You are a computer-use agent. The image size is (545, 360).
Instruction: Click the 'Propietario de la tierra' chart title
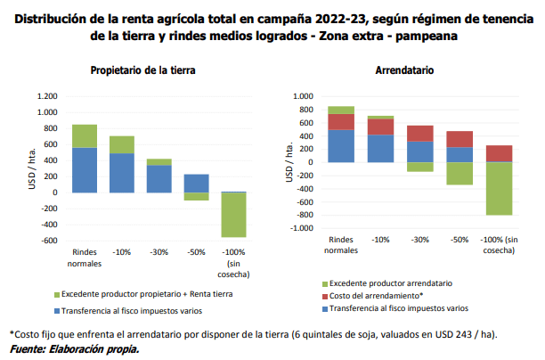tap(143, 69)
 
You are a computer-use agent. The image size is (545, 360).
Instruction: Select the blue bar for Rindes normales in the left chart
tap(85, 169)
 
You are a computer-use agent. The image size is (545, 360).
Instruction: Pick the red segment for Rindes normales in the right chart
tap(341, 121)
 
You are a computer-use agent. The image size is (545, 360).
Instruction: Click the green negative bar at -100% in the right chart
tap(498, 188)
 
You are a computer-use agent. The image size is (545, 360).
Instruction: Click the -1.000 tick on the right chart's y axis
tap(301, 228)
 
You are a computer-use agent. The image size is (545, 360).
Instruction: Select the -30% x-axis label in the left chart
tap(159, 251)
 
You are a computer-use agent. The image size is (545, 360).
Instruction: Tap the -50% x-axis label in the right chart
tap(460, 240)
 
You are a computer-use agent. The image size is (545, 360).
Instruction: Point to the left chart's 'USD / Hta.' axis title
tap(32, 169)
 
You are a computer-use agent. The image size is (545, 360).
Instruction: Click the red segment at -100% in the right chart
tap(498, 153)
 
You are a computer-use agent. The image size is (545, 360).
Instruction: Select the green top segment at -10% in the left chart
tap(121, 144)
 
